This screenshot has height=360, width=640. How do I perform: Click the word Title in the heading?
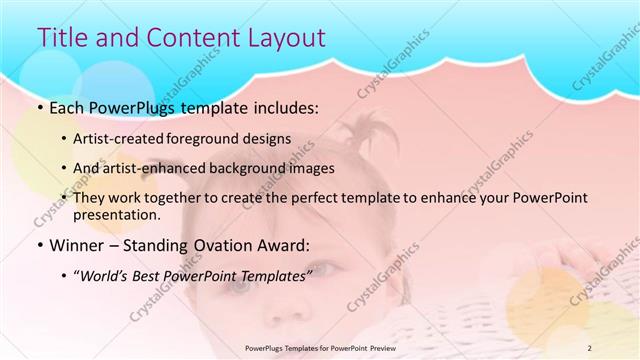tap(63, 37)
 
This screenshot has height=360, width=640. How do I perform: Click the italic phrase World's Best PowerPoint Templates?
tap(194, 273)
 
